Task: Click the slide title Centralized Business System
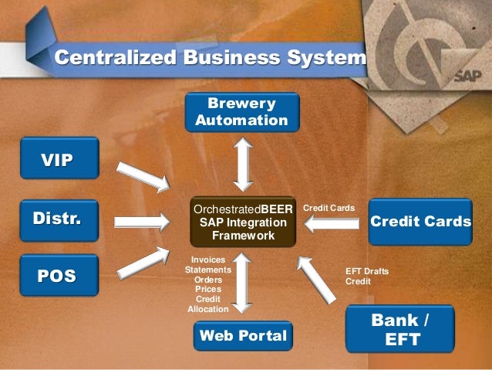click(209, 58)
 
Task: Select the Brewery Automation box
click(241, 112)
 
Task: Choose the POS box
click(59, 275)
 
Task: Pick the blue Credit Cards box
click(420, 222)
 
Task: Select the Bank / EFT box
click(399, 329)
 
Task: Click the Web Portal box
click(243, 336)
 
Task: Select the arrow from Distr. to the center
click(143, 222)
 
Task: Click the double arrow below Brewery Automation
click(244, 164)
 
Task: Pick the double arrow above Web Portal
click(244, 281)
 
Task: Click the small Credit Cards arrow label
click(329, 209)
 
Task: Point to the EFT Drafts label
click(367, 271)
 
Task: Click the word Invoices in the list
click(208, 260)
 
